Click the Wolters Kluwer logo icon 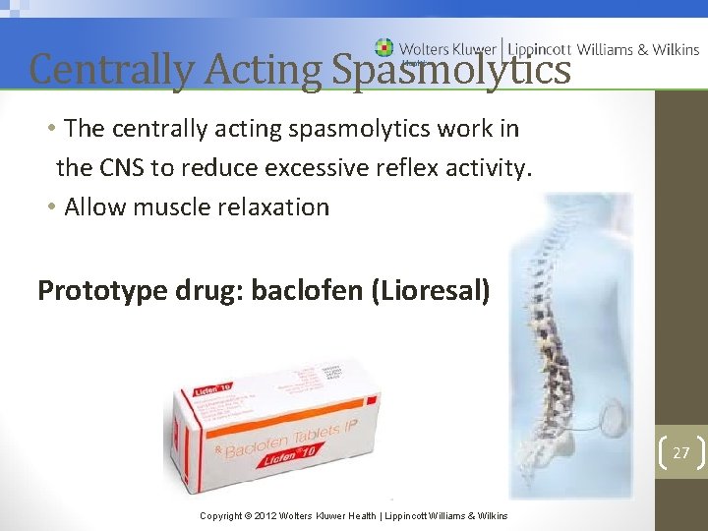pyautogui.click(x=383, y=47)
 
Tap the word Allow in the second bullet pyautogui.click(x=94, y=206)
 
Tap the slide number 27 pyautogui.click(x=680, y=452)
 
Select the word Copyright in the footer pyautogui.click(x=221, y=515)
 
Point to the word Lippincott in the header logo pyautogui.click(x=538, y=48)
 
